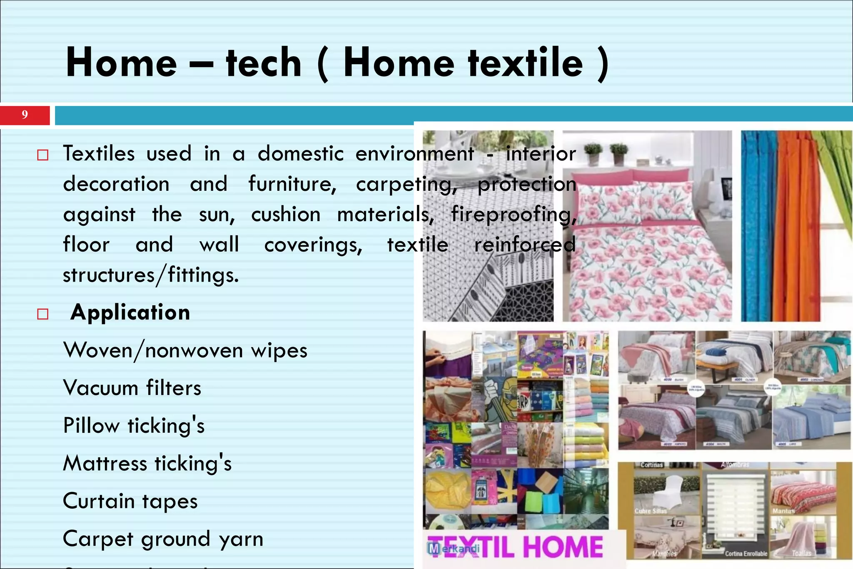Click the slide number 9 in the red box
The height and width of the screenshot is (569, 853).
[25, 115]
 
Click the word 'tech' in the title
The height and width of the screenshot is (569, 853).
[263, 63]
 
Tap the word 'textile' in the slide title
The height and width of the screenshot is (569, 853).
[525, 63]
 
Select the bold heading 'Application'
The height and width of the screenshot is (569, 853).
[130, 312]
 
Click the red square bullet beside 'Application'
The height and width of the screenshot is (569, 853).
[43, 314]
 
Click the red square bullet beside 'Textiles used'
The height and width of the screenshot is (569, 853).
[43, 155]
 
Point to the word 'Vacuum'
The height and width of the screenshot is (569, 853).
[100, 388]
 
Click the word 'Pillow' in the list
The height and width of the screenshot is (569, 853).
[91, 426]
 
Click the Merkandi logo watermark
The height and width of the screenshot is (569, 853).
[454, 549]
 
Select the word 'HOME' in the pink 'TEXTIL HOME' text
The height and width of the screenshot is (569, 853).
[563, 547]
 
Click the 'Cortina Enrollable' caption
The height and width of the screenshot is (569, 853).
[746, 554]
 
